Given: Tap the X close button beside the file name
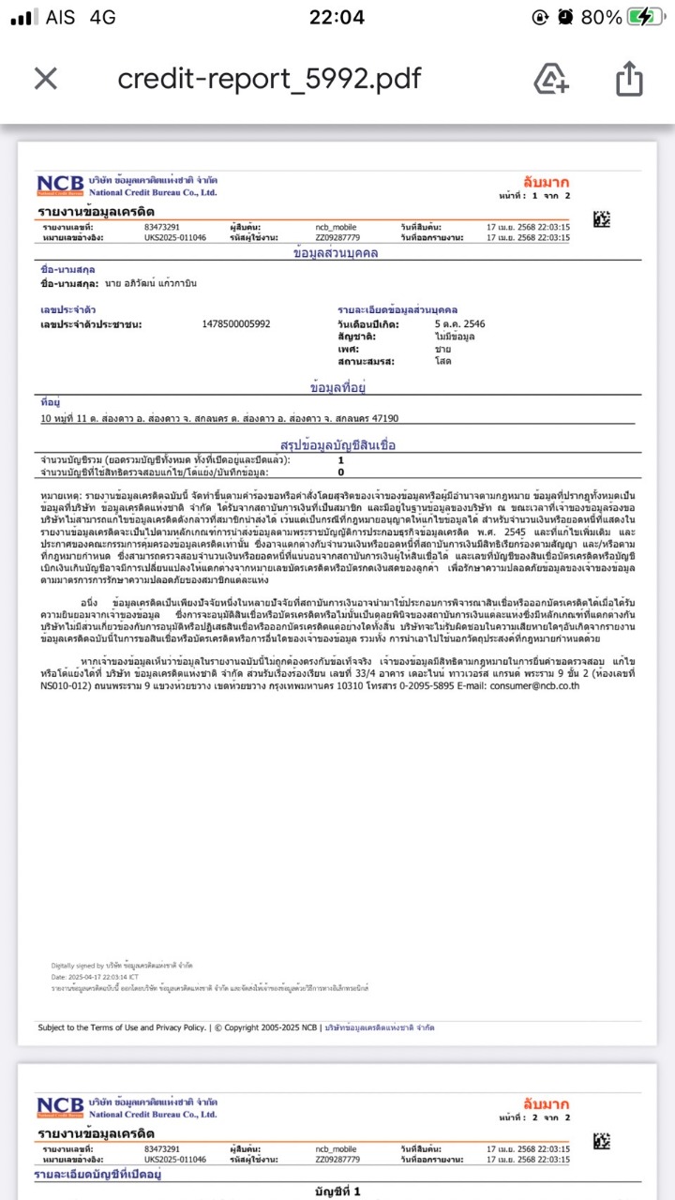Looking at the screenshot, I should click(45, 79).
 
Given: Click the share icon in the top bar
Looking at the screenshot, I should click(629, 79).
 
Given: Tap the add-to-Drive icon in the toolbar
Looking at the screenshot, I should click(551, 79).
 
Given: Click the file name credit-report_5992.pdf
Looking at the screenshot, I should click(269, 79).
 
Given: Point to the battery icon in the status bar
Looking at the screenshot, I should click(646, 17).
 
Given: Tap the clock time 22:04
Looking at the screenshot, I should click(337, 17).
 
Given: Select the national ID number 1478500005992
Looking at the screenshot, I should click(236, 324).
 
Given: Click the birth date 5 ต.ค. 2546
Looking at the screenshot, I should click(459, 324).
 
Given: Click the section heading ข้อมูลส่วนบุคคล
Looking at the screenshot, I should click(336, 254).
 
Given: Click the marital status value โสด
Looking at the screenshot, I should click(442, 361).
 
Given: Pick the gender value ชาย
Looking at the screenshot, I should click(442, 349).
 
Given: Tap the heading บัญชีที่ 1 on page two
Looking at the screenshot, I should click(337, 1192).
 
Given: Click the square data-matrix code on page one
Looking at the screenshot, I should click(602, 219).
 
